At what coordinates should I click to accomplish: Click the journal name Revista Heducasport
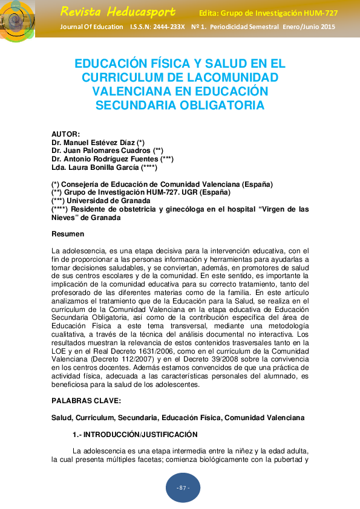pos(118,11)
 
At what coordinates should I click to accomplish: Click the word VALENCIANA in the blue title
pos(126,91)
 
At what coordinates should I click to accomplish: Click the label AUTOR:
pos(65,134)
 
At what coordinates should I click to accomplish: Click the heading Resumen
pos(68,234)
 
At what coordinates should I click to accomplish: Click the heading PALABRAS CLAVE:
pos(87,401)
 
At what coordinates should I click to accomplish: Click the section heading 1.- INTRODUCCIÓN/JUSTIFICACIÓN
pos(136,435)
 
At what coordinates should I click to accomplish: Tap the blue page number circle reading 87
pos(183,488)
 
